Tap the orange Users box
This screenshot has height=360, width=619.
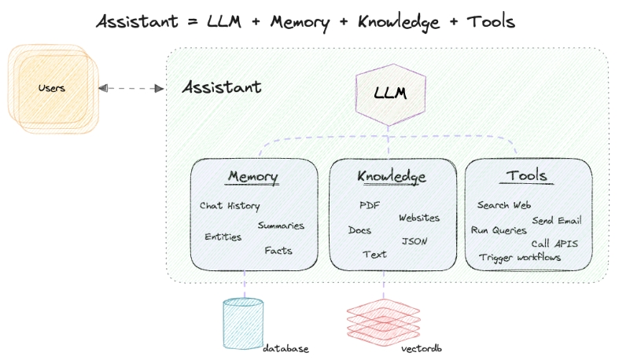[x=52, y=87]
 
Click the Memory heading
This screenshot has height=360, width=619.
[x=253, y=175]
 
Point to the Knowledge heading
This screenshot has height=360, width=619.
[x=392, y=176]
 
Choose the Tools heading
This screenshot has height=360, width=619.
[x=527, y=175]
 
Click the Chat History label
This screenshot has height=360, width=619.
[x=229, y=206]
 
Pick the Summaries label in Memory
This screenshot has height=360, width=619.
[x=281, y=226]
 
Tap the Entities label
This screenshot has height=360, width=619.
[x=223, y=237]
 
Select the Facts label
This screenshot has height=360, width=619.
[x=278, y=251]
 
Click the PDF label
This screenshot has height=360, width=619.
[x=370, y=205]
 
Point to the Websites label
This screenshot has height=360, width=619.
[x=419, y=218]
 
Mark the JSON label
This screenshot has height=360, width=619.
[x=415, y=241]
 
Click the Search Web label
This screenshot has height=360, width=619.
[x=504, y=205]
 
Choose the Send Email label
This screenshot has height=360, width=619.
[x=556, y=220]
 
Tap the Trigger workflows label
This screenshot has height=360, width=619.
[x=520, y=257]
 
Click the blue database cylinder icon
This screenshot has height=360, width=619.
[x=243, y=322]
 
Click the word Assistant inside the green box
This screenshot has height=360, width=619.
[x=222, y=86]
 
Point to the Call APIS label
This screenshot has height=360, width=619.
[x=555, y=244]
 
